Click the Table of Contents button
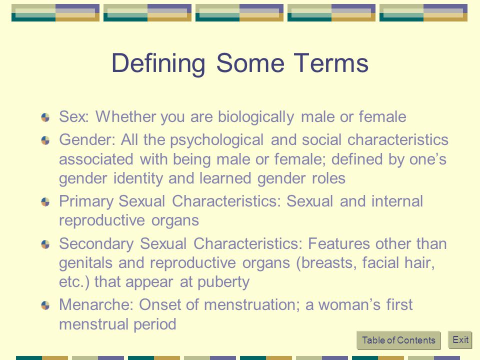pos(398,340)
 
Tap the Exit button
pos(460,339)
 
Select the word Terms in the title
pos(331,63)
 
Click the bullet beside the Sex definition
pos(45,117)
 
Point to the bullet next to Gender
pos(45,140)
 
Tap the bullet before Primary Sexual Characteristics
pos(45,202)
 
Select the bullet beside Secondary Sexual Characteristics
pos(45,244)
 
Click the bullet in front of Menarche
pos(45,305)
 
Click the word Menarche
pos(96,304)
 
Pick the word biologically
pos(256,117)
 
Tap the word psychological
pos(216,140)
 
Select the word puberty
pos(223,282)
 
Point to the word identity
pos(138,178)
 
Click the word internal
pos(397,201)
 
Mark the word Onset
pos(159,304)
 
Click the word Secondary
pos(96,244)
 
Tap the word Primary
pos(86,201)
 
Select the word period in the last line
pos(155,324)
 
